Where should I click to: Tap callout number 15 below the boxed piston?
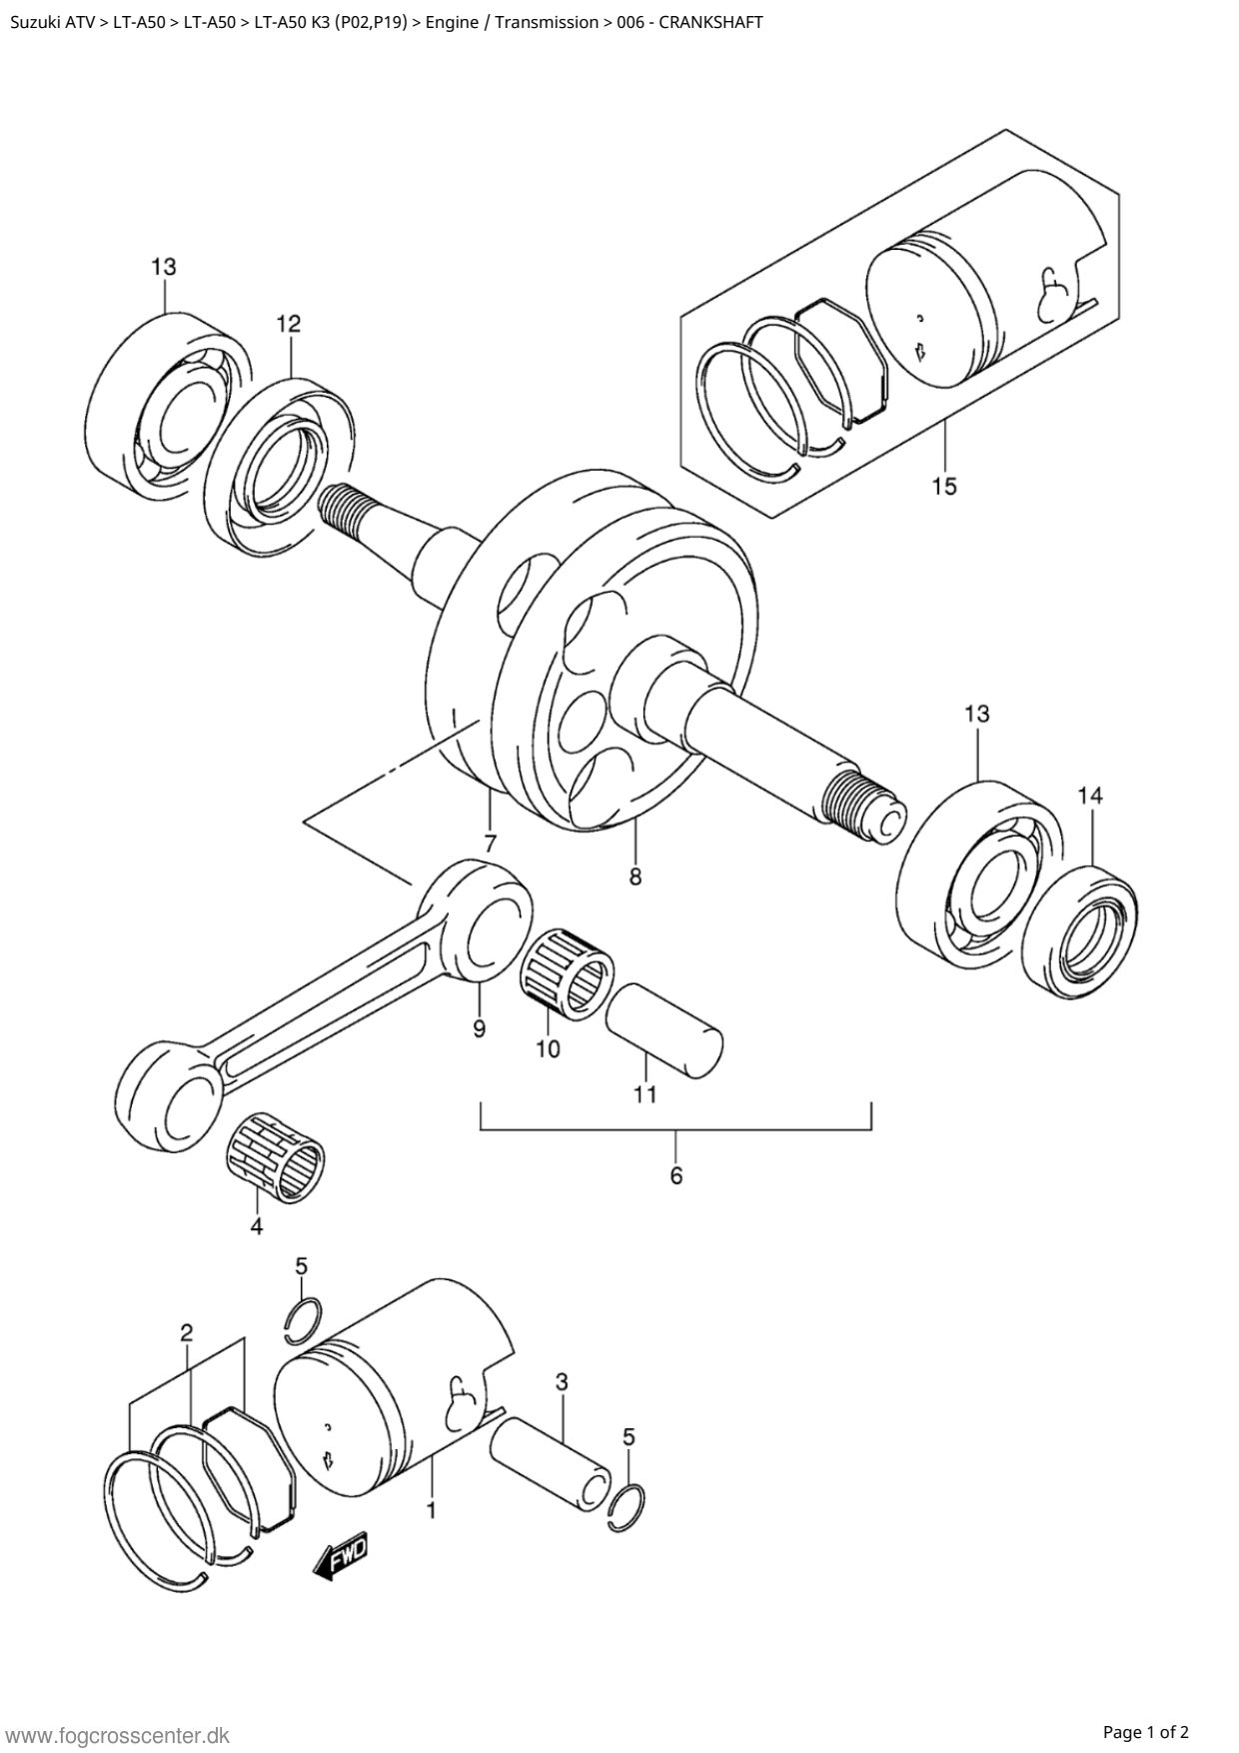point(944,487)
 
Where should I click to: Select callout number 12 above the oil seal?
point(289,324)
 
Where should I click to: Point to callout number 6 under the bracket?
point(676,1176)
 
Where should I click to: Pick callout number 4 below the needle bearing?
point(257,1226)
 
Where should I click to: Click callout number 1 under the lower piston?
point(431,1511)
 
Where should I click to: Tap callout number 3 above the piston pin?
point(562,1382)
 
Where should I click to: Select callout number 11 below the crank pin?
point(645,1094)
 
